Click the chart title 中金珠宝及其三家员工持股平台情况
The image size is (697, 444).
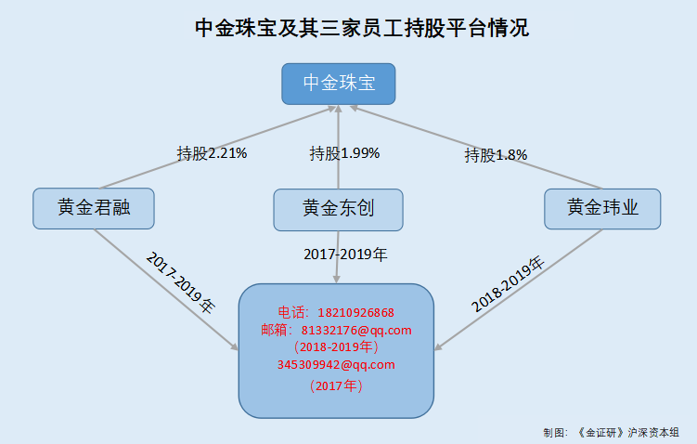[362, 28]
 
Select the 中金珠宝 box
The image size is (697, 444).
[338, 84]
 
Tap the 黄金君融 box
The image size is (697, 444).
[94, 208]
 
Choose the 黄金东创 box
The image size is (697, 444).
[338, 210]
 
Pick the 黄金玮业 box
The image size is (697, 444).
[602, 209]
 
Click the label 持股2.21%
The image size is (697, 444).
[212, 153]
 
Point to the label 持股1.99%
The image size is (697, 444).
[344, 153]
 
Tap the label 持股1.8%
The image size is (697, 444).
[496, 155]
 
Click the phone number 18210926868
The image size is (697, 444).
[356, 313]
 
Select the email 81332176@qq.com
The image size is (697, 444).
[356, 330]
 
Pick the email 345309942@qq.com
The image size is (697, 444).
[336, 364]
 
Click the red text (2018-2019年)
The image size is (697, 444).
[336, 346]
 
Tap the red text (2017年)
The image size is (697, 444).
[336, 385]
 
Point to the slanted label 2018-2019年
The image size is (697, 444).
[508, 285]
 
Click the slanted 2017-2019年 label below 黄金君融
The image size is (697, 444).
[180, 282]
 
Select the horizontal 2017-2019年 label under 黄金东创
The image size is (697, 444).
[345, 255]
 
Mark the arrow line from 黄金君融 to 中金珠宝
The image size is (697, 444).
[217, 148]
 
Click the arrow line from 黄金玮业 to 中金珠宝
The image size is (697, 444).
[476, 148]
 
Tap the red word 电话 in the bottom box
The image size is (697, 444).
[290, 313]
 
